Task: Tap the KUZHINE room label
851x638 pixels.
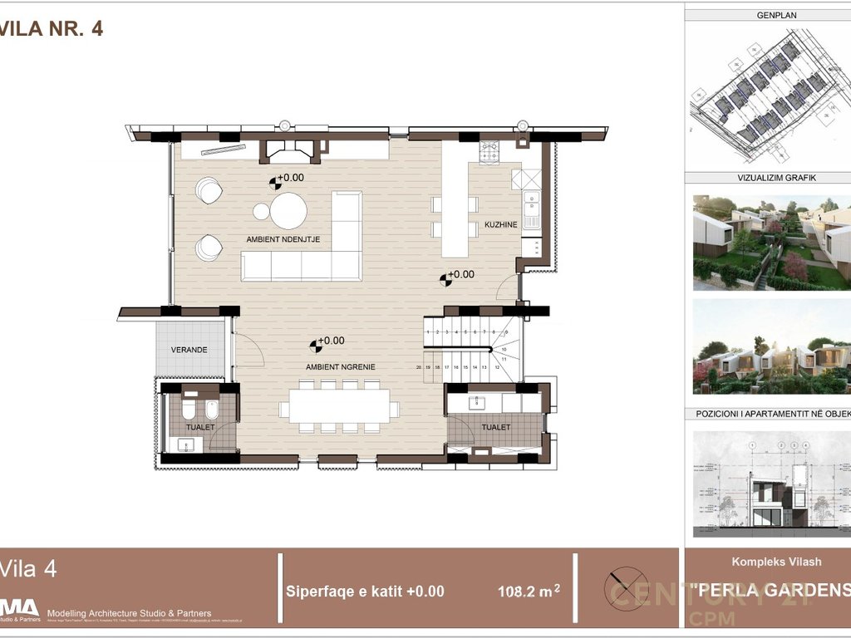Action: pos(501,225)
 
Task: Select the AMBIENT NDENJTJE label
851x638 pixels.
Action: pos(283,239)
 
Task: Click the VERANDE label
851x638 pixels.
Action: pos(189,350)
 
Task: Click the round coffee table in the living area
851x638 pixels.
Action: pos(289,210)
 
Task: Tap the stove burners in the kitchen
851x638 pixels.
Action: pos(489,152)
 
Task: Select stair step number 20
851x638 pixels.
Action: pos(419,366)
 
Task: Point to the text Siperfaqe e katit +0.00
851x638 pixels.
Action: pos(365,591)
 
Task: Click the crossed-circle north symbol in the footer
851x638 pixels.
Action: pos(626,589)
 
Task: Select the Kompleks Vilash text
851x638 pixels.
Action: pos(776,562)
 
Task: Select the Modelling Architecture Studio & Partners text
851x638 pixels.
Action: pos(129,613)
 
